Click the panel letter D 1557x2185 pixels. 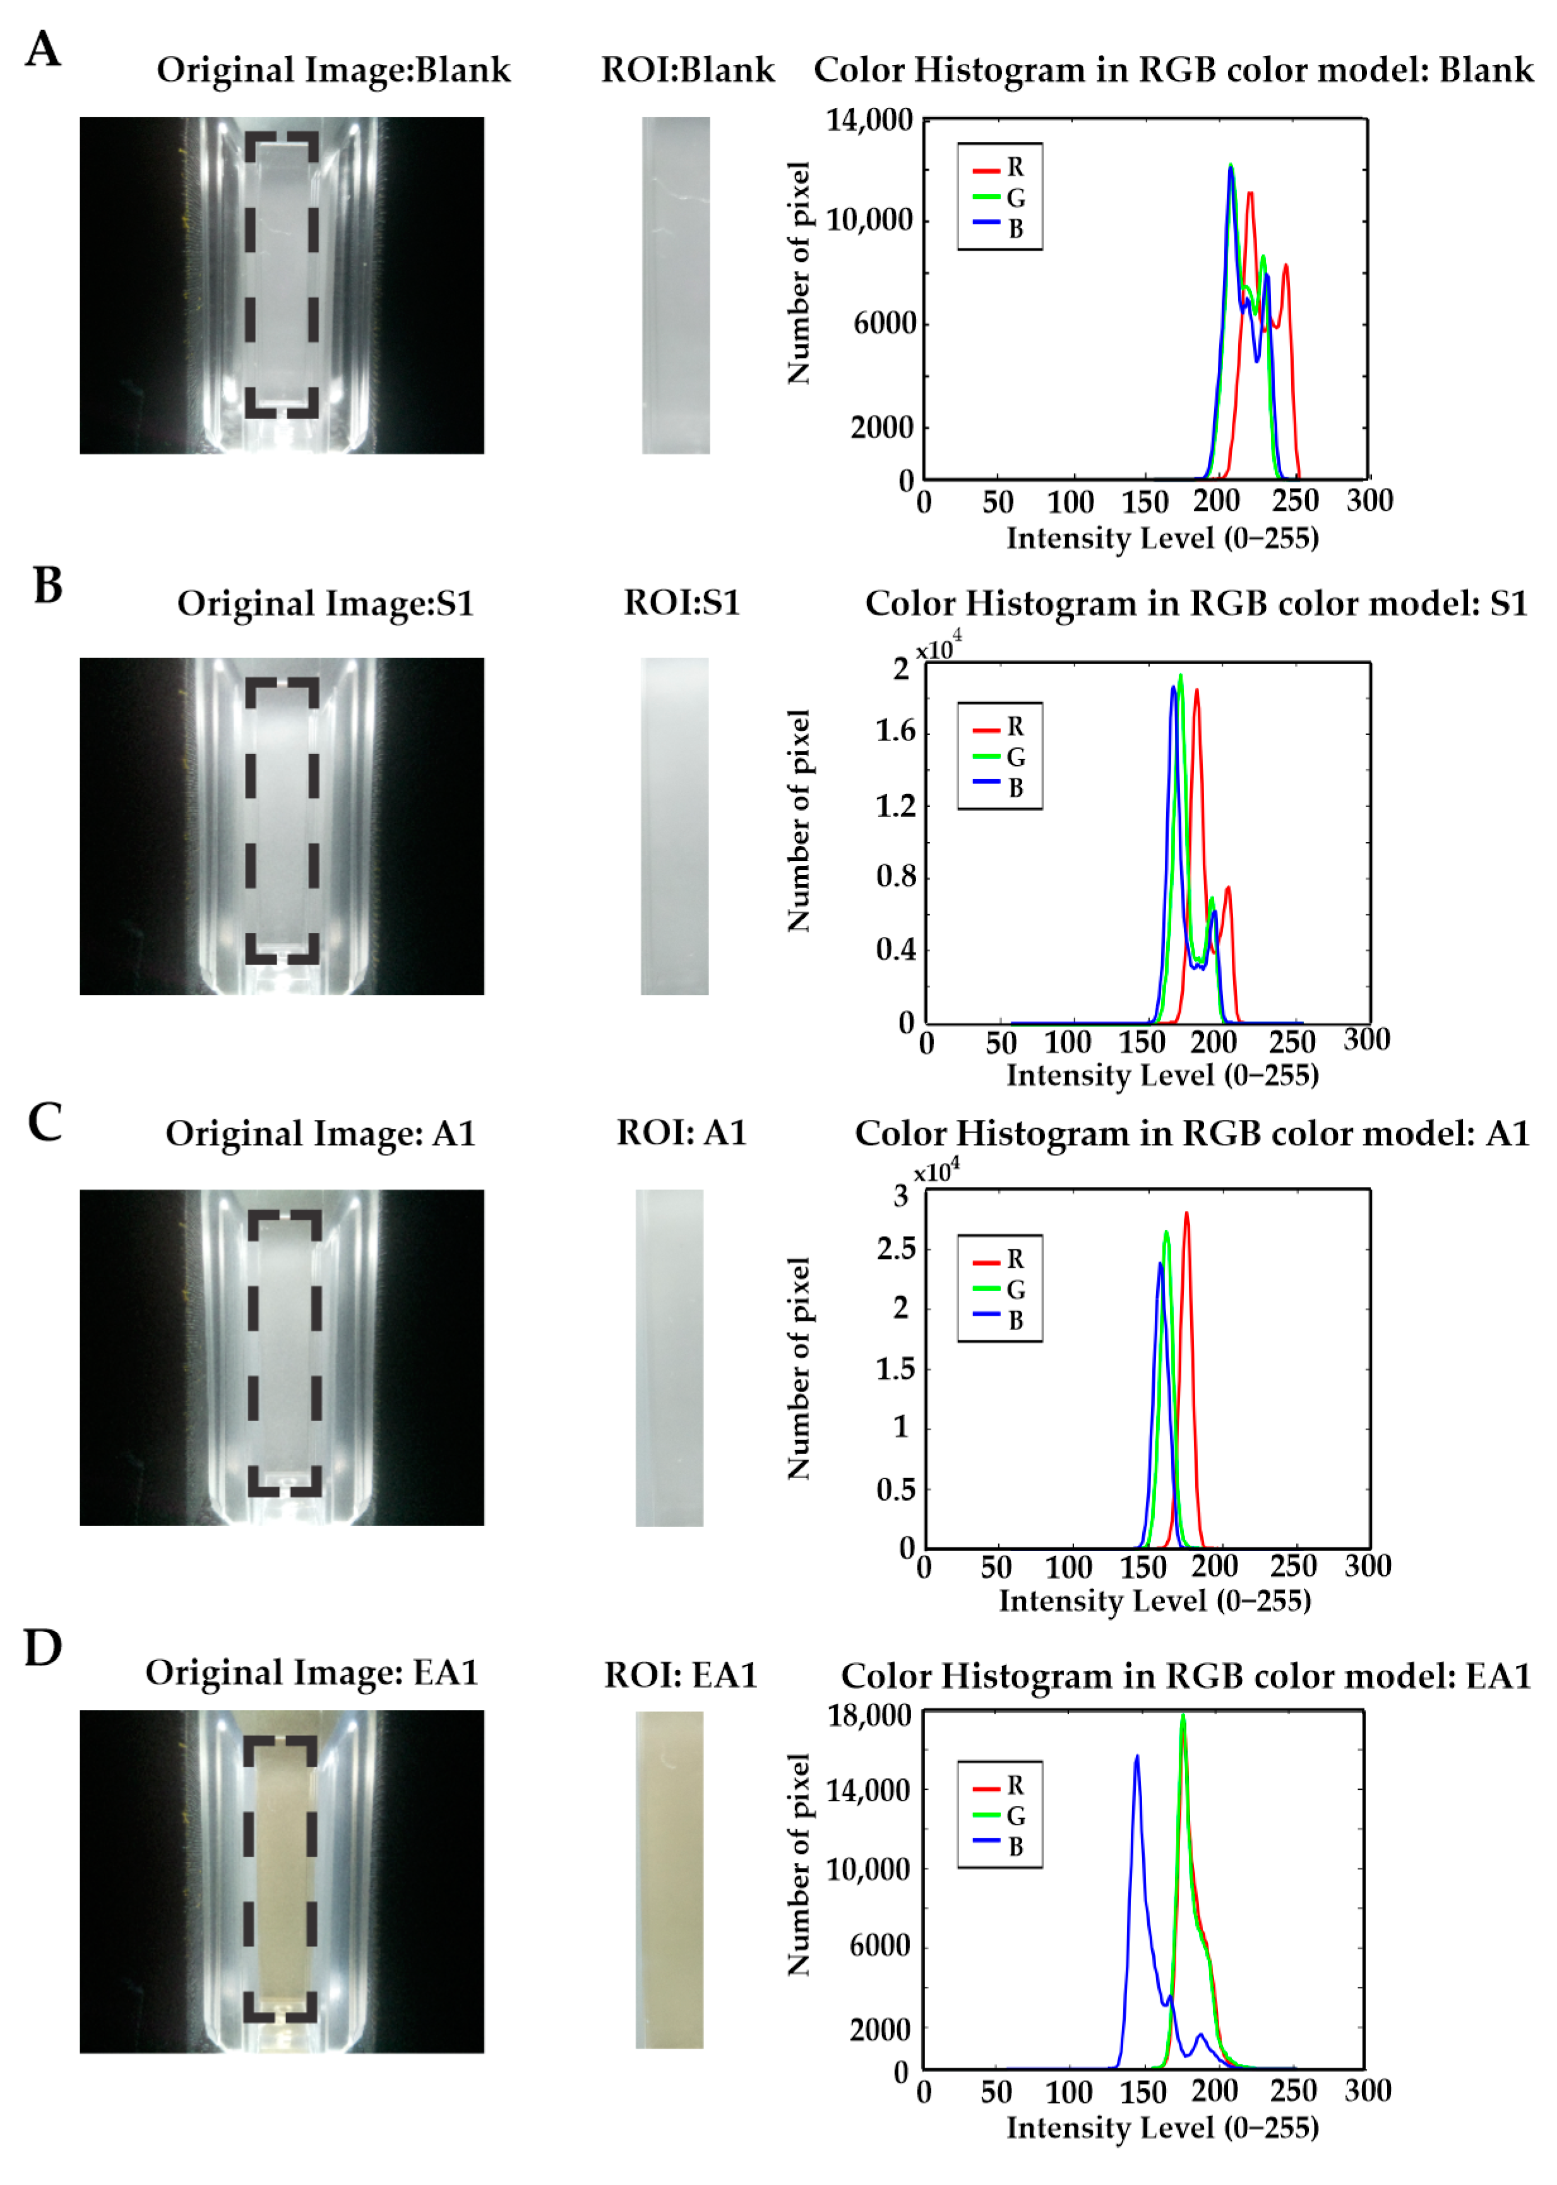43,1647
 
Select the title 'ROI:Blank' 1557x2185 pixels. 688,70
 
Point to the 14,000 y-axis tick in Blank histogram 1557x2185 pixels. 869,120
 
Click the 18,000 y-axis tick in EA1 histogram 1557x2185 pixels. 869,1715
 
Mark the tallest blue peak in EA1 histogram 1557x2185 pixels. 1137,1758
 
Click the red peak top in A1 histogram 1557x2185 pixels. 1187,1214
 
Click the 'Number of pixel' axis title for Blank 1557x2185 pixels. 799,273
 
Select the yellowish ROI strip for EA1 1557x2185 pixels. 669,1879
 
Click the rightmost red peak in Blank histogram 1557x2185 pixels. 1286,266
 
